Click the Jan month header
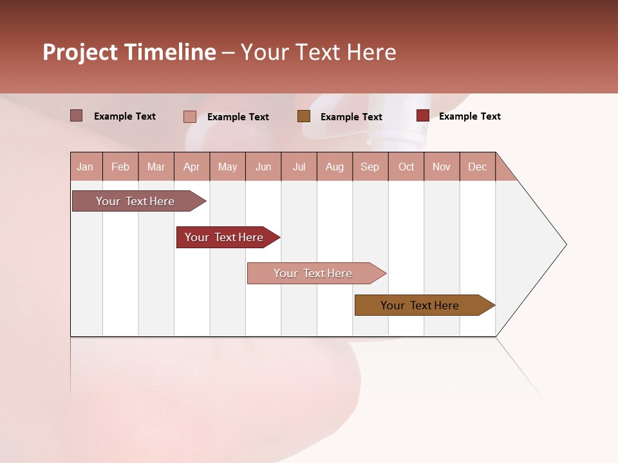click(86, 167)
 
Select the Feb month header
click(120, 167)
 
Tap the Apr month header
click(192, 167)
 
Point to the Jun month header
click(263, 167)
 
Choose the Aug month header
click(335, 167)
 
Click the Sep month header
click(370, 167)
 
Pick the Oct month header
click(406, 167)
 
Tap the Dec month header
click(478, 167)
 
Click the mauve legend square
click(76, 116)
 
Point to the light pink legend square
click(189, 116)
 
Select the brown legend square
click(304, 116)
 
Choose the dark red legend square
click(422, 116)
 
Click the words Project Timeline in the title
click(129, 52)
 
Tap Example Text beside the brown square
click(351, 116)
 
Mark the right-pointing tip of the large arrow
click(565, 244)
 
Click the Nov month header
click(442, 167)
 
